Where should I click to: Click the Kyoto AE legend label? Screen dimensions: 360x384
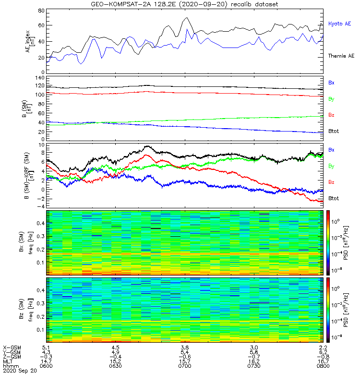[339, 24]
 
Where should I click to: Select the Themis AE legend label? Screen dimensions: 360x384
[341, 56]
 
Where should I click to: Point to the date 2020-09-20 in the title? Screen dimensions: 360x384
[202, 4]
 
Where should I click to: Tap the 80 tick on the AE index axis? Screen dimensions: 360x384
[41, 11]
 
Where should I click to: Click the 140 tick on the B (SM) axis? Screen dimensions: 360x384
[40, 78]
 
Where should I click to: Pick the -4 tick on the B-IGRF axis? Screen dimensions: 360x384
[41, 206]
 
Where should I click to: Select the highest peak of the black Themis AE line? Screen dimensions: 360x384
[187, 18]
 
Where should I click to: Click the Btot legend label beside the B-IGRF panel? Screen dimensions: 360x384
[334, 198]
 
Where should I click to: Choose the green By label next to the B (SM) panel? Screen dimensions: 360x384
[331, 99]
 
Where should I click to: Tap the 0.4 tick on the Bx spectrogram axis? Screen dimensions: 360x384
[41, 223]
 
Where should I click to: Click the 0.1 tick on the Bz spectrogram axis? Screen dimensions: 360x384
[41, 330]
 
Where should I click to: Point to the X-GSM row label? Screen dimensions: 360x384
[12, 348]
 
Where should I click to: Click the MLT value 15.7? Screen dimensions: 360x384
[185, 361]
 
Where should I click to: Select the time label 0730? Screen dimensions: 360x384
[254, 366]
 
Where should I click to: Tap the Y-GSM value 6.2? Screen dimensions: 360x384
[323, 352]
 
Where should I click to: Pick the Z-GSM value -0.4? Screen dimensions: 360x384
[115, 357]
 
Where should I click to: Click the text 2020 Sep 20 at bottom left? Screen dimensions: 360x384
[20, 371]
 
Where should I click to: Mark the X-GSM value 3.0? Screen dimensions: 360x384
[254, 348]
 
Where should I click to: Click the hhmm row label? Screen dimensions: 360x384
[11, 366]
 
